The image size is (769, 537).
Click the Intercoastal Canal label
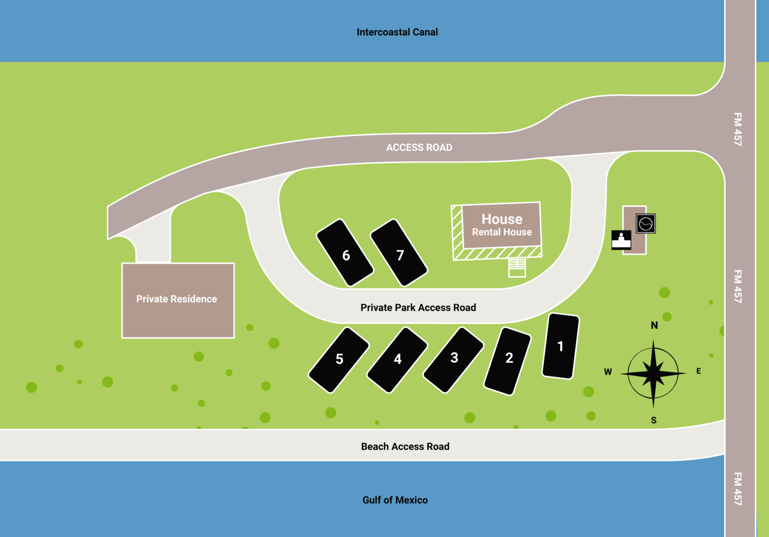click(x=397, y=32)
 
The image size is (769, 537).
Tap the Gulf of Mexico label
click(x=395, y=500)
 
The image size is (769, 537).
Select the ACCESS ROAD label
click(x=419, y=148)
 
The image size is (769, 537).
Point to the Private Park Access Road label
click(x=418, y=308)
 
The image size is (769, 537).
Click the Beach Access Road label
click(x=405, y=447)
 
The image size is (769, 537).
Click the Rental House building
click(x=501, y=225)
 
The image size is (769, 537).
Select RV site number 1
click(x=561, y=347)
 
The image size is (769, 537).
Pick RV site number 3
click(x=454, y=360)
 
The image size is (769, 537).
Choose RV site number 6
click(x=345, y=253)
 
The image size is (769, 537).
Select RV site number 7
click(x=399, y=253)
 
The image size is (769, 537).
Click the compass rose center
click(x=653, y=373)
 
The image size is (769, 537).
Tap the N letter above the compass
click(x=654, y=325)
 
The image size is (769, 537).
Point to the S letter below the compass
click(x=654, y=421)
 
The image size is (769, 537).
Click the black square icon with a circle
click(x=645, y=224)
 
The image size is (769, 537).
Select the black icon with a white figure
click(x=621, y=240)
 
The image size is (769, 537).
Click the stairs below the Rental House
click(x=517, y=267)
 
